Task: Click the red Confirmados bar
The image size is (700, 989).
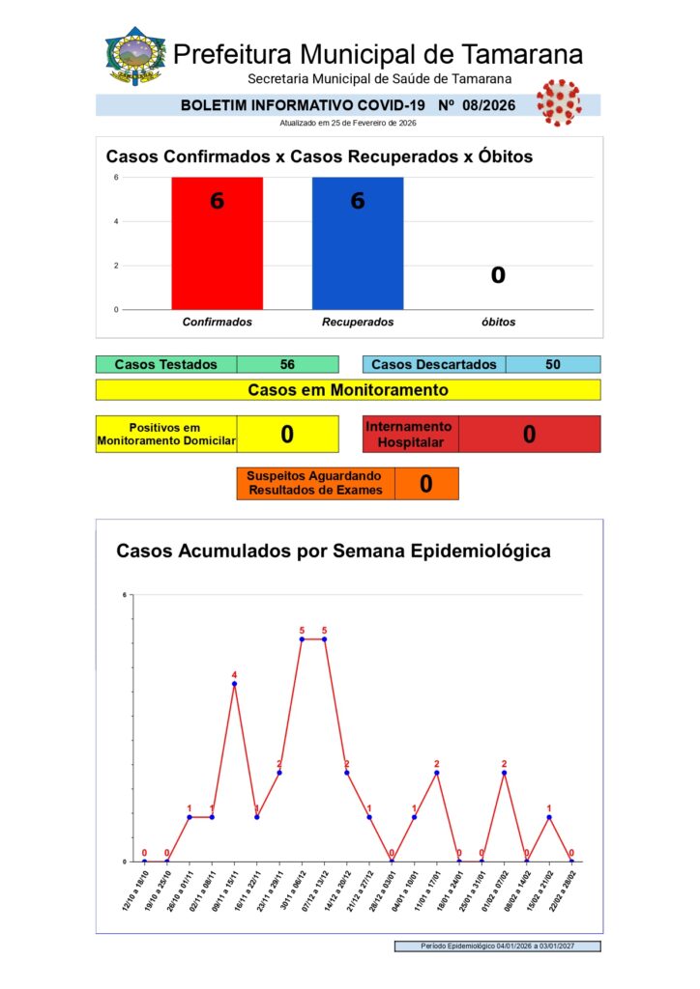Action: [217, 246]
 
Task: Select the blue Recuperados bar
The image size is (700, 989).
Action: [357, 246]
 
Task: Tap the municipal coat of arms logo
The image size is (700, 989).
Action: [135, 56]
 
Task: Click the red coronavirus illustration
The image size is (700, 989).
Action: [558, 100]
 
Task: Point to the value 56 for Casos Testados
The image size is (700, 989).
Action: [287, 364]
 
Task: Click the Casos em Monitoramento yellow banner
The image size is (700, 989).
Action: [348, 390]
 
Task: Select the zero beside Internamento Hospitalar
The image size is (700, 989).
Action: [529, 434]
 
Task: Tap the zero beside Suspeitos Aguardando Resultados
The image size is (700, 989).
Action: [425, 484]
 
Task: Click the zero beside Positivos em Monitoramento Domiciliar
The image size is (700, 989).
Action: [287, 434]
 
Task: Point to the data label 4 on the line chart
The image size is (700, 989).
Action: [234, 675]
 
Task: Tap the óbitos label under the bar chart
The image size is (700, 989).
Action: [498, 322]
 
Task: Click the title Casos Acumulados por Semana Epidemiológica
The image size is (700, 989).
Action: [334, 551]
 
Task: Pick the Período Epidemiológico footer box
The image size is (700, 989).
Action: [497, 947]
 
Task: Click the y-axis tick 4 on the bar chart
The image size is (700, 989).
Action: [117, 221]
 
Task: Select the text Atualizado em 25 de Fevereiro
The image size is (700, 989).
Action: [346, 123]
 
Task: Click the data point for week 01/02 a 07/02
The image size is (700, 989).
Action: [504, 773]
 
